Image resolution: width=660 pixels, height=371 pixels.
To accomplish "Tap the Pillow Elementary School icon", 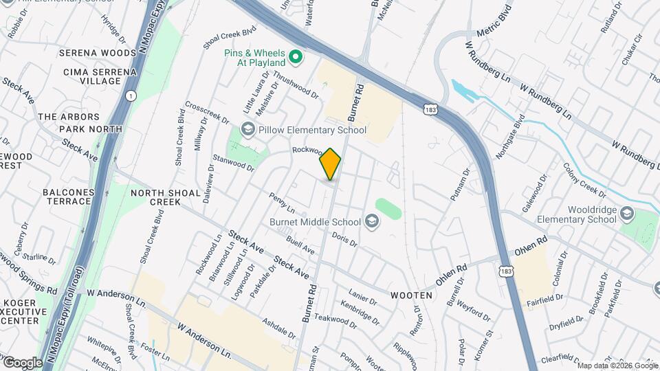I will pyautogui.click(x=247, y=130).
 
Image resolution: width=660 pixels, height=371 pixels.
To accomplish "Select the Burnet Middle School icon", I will pyautogui.click(x=372, y=221).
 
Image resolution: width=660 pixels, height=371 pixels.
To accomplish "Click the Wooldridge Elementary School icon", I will pyautogui.click(x=626, y=212).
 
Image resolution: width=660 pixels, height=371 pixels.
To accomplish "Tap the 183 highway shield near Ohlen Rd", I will pyautogui.click(x=507, y=272).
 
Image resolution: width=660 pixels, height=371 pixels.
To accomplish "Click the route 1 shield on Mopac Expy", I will pyautogui.click(x=131, y=95).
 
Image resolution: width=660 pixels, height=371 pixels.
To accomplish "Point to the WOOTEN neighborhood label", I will pyautogui.click(x=412, y=295).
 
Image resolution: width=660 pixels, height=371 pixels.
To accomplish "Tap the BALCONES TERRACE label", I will pyautogui.click(x=67, y=196).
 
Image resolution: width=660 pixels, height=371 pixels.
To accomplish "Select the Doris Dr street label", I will pyautogui.click(x=344, y=238).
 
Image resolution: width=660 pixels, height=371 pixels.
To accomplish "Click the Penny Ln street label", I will pyautogui.click(x=282, y=203).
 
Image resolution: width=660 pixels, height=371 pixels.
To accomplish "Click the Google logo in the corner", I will pyautogui.click(x=23, y=362).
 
